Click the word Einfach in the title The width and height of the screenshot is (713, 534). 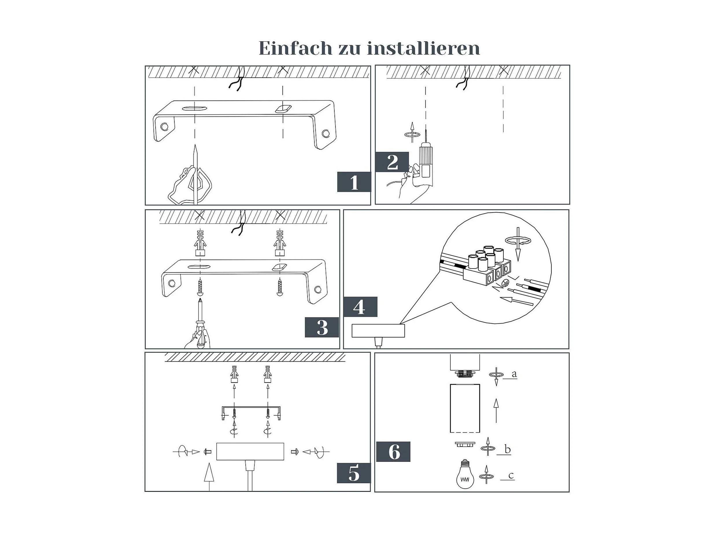[295, 49]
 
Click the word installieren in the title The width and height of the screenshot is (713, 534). [424, 49]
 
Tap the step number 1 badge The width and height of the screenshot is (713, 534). [354, 182]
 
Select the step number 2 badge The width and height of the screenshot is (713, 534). [392, 162]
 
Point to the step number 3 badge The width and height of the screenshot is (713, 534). [322, 327]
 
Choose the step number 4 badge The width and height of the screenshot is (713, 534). [360, 307]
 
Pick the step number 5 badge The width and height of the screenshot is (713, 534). [354, 473]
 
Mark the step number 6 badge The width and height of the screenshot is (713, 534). [393, 452]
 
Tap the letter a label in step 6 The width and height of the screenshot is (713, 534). [514, 374]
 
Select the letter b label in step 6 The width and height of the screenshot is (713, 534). [507, 449]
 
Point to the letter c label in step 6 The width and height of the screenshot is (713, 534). [511, 475]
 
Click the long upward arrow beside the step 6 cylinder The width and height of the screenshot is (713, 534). [496, 410]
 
